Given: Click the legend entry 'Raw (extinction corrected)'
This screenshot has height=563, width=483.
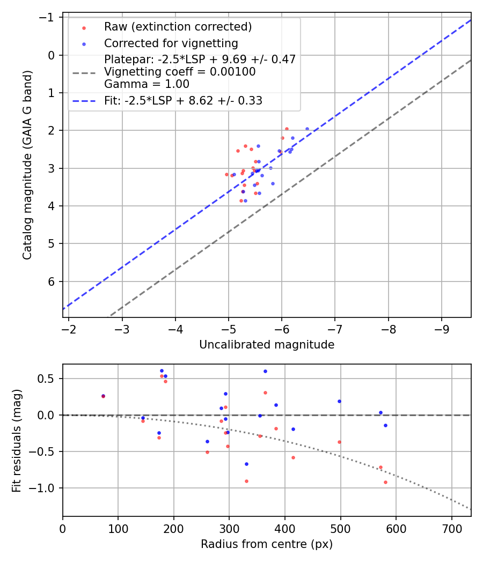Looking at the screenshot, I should [178, 27].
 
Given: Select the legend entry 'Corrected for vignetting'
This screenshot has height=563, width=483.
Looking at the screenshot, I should [171, 43].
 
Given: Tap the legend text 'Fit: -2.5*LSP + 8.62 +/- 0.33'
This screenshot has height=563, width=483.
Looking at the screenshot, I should [183, 100].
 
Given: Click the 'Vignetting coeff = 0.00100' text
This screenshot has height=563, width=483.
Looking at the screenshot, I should [180, 72].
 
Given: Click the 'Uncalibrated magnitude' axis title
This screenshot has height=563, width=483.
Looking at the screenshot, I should [267, 345].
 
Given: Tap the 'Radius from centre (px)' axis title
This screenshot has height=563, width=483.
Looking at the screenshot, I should [267, 544].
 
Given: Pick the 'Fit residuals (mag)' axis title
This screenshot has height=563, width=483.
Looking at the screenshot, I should [17, 440].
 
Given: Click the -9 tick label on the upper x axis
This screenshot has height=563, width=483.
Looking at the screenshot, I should [442, 328].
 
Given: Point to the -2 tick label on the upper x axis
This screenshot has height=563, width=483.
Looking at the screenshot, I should [69, 328].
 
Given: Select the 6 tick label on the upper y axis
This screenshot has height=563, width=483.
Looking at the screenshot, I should [52, 281].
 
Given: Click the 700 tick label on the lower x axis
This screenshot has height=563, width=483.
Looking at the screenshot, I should [452, 528].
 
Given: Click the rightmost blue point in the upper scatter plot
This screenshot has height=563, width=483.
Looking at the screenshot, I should [307, 129].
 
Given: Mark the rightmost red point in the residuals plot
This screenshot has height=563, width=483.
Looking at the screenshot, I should [385, 482].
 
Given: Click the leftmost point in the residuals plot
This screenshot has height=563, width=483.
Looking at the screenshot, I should [103, 396].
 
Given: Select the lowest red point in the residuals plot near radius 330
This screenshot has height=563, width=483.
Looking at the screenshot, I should [246, 481].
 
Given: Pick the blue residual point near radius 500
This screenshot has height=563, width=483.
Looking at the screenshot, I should [339, 401].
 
